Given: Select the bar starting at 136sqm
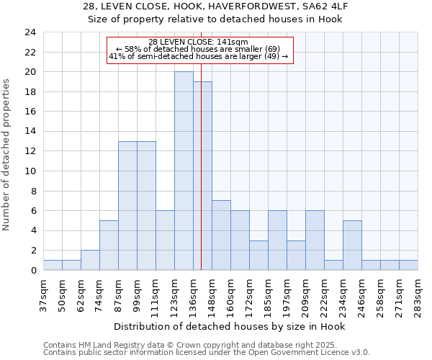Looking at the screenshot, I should pos(202,176).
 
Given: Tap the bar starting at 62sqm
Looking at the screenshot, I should pos(90,261).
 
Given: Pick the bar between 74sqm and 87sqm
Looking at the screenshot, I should pos(109,246).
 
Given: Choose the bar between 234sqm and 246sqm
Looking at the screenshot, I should pos(352,246).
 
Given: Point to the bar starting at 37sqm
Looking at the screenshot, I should pos(53,266).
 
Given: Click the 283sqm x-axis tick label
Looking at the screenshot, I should pos(418,295).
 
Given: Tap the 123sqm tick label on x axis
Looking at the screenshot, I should pos(175,295).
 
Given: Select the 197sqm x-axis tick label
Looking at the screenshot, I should pos(287,295).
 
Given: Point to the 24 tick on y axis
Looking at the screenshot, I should pos(30,32).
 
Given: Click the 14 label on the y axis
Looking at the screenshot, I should pos(30,132).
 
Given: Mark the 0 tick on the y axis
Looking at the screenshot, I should pos(33,271).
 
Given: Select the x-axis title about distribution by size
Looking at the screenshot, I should pos(230,326).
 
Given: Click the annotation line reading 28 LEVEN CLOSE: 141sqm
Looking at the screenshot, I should pos(198,42).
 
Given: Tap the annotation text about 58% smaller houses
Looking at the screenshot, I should pos(198,49).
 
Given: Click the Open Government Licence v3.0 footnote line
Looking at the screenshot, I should pos(207,353).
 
